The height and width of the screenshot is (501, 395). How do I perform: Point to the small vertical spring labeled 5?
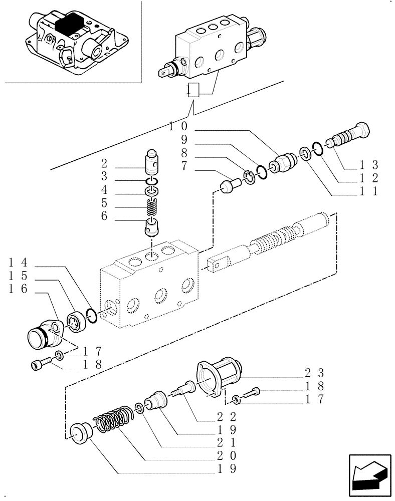pos(151,206)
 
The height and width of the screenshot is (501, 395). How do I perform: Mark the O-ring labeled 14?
pos(91,316)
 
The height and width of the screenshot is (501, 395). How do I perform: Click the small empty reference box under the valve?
pos(193,91)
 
